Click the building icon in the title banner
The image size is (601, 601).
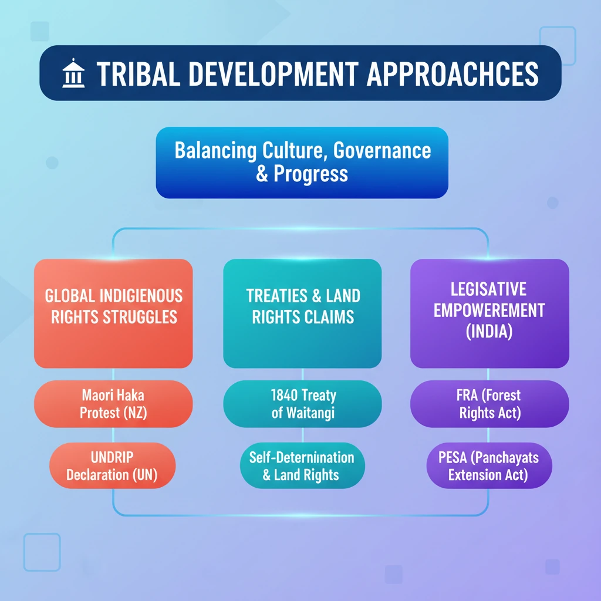click(x=73, y=73)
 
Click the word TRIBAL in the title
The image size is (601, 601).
click(x=139, y=74)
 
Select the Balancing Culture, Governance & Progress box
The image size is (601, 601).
click(x=302, y=163)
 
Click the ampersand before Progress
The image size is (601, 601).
click(x=262, y=174)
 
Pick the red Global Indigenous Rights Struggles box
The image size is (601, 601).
click(x=113, y=313)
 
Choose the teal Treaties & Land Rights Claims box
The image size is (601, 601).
click(x=302, y=313)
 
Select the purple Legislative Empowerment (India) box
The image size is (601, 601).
click(x=489, y=313)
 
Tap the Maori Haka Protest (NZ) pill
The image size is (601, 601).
click(x=113, y=404)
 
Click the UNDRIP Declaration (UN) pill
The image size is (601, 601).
click(x=112, y=465)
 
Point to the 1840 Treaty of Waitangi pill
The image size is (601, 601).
click(x=302, y=404)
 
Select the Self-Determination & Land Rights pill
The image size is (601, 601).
click(x=302, y=465)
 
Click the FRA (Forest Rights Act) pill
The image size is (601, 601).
click(x=489, y=404)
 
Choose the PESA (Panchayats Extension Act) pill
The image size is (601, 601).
click(x=489, y=465)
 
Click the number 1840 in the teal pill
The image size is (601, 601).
click(x=284, y=395)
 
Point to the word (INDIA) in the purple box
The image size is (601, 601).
click(x=489, y=332)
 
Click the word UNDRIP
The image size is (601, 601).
click(x=112, y=457)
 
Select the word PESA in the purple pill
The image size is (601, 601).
click(x=453, y=457)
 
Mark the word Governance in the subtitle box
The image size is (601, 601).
click(x=382, y=151)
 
